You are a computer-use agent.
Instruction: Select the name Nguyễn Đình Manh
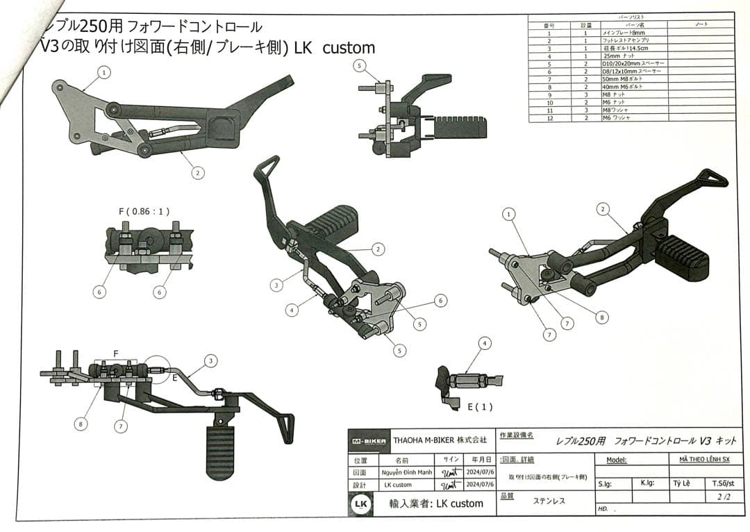coord(406,472)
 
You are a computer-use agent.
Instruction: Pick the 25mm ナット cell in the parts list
coord(619,56)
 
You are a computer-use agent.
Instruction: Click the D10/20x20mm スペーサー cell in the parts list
coord(633,64)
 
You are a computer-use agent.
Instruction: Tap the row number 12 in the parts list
coord(549,118)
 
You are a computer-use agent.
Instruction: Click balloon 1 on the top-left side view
coord(104,72)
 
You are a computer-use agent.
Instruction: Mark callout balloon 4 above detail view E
coord(485,342)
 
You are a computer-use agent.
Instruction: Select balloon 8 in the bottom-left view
coord(81,422)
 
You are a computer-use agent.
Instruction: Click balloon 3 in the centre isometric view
coord(276,284)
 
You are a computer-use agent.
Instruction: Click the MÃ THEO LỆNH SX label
coord(701,459)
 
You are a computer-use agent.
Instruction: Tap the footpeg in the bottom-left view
coord(220,450)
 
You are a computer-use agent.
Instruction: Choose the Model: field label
coord(617,460)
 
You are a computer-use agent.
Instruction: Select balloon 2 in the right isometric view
coord(603,209)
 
